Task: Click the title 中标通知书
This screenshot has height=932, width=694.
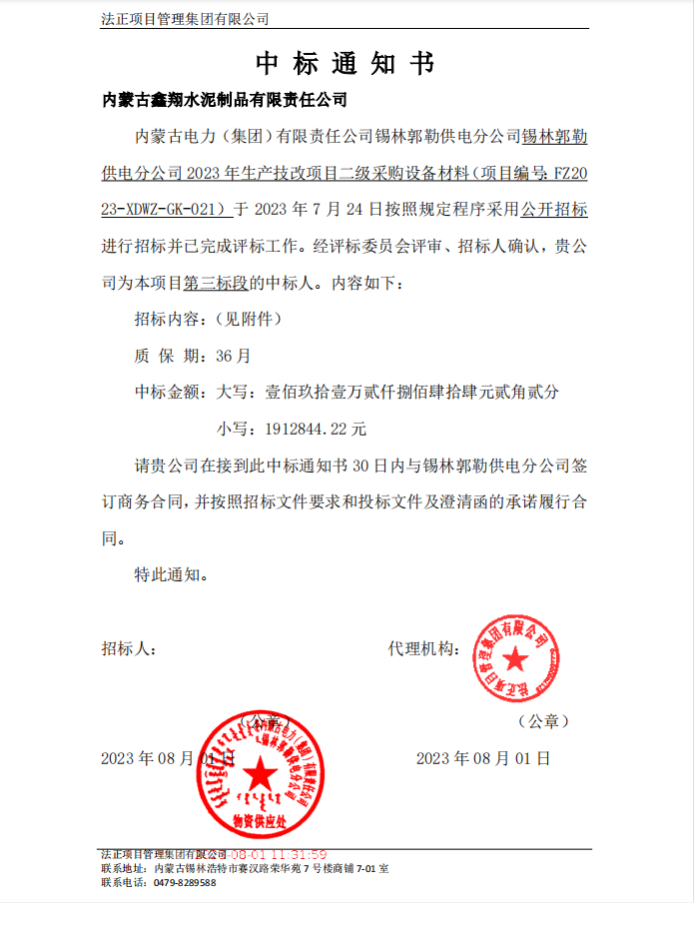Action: click(x=346, y=64)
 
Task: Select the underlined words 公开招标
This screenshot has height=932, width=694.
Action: click(x=551, y=209)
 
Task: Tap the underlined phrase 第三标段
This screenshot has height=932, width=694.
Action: click(x=216, y=283)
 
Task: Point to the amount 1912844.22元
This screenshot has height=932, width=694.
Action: click(x=316, y=430)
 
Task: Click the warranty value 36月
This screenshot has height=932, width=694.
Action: click(x=230, y=356)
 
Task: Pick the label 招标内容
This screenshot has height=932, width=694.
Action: click(x=168, y=320)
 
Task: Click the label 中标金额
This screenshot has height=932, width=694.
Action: click(x=168, y=393)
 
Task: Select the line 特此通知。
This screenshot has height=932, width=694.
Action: click(x=171, y=575)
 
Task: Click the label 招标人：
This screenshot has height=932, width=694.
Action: click(x=128, y=649)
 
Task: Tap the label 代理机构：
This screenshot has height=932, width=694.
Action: click(x=422, y=649)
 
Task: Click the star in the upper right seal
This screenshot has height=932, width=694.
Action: click(x=515, y=658)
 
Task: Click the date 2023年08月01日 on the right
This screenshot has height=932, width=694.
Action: click(x=483, y=758)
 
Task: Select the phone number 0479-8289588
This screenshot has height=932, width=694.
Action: click(x=185, y=884)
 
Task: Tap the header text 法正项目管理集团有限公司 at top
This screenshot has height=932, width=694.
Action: click(x=186, y=19)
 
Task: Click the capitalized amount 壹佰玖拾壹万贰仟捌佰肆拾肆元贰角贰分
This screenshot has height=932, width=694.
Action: click(x=412, y=393)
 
